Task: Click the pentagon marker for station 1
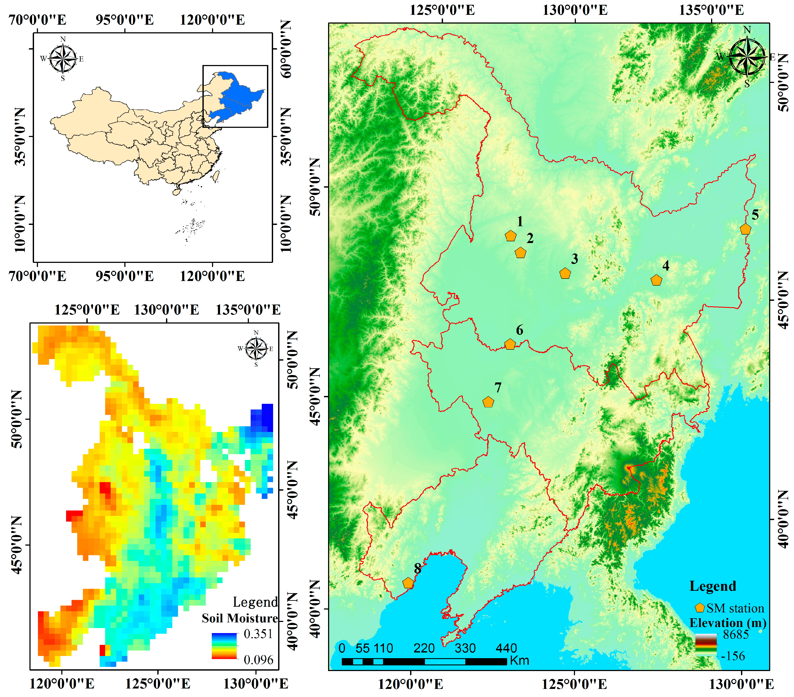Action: click(x=510, y=236)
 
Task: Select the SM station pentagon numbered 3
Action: click(x=565, y=274)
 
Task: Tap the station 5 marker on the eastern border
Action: click(x=745, y=229)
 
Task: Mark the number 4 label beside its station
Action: click(x=666, y=266)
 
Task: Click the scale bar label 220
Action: click(x=424, y=648)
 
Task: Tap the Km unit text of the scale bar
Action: click(x=520, y=661)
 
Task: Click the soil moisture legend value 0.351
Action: click(x=258, y=634)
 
